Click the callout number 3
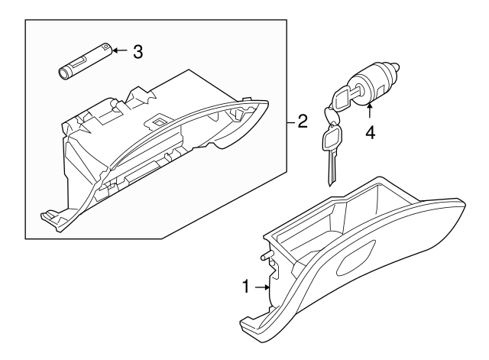[x=138, y=51]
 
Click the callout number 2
[x=303, y=122]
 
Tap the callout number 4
[x=370, y=132]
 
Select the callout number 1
[x=246, y=287]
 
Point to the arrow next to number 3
[x=118, y=51]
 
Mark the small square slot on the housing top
[x=160, y=120]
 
